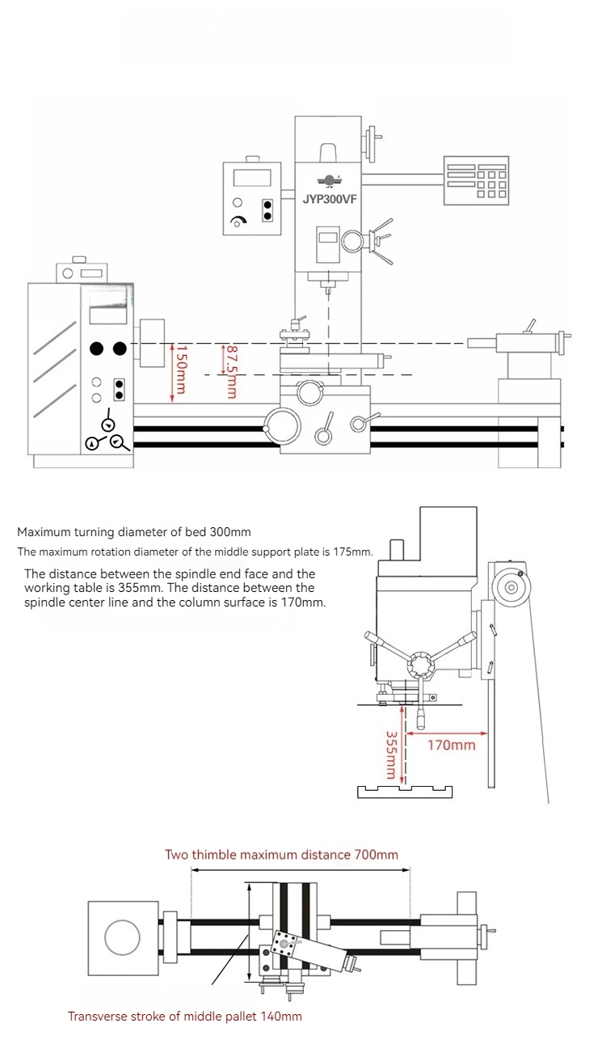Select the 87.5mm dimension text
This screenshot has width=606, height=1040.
231,373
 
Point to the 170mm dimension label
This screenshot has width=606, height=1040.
451,745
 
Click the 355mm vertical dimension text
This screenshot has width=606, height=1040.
390,755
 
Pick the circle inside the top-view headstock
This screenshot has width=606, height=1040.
122,938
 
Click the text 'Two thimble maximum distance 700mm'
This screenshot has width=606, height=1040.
281,854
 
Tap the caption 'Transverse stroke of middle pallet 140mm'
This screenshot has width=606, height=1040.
185,1016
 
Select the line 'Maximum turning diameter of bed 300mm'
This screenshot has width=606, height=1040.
134,532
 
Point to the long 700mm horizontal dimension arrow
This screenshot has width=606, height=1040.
301,870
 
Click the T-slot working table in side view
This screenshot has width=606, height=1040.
405,788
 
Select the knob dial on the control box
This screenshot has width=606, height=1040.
238,222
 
